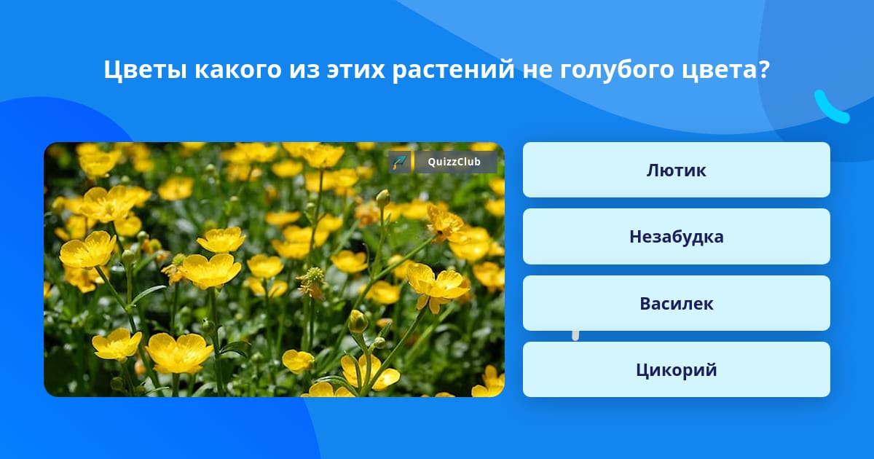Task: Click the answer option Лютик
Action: pos(676,170)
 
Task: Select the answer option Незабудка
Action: pos(676,237)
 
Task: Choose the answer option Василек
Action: pos(676,303)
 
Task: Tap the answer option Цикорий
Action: pos(676,369)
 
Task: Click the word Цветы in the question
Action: pos(145,70)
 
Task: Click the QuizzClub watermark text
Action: pos(454,162)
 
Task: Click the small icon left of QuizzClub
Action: pos(400,162)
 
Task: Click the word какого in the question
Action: pos(238,70)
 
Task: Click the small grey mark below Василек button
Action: pos(575,336)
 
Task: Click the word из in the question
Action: pos(304,70)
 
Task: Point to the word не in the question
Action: pos(538,70)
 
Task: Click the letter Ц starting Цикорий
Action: pos(642,370)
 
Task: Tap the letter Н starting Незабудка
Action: pos(636,237)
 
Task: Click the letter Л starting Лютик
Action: pos(653,170)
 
